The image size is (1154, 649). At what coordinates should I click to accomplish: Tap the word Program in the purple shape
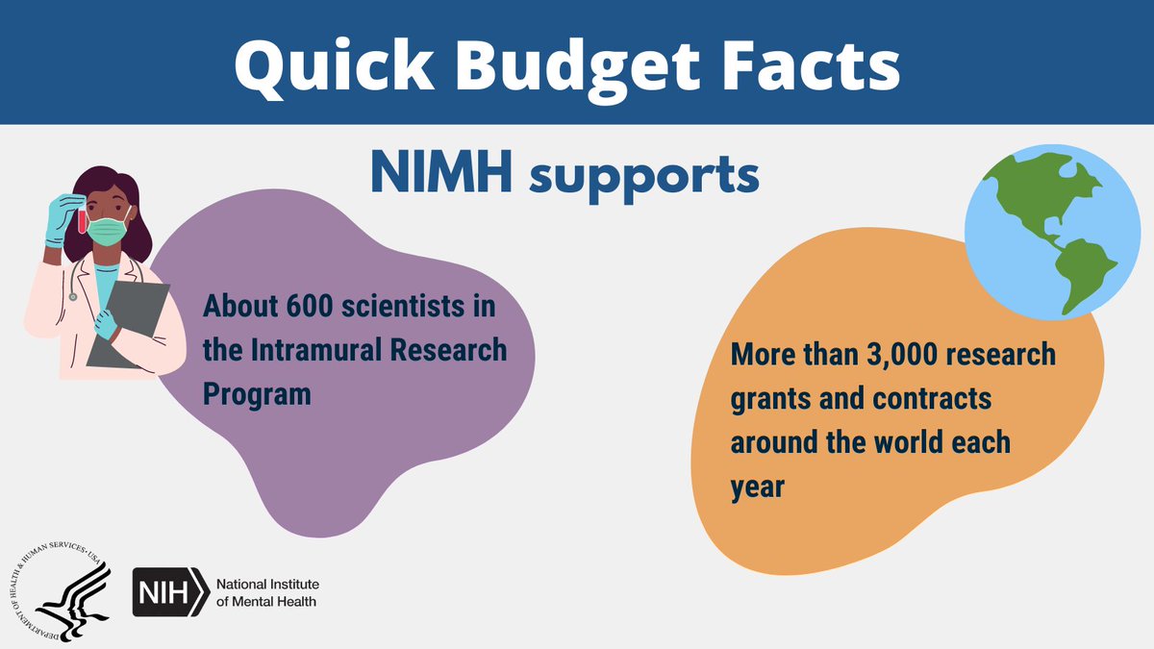click(x=257, y=394)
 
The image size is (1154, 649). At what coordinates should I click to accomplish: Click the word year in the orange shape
click(x=759, y=487)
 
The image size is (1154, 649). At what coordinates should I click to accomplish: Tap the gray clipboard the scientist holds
click(x=126, y=323)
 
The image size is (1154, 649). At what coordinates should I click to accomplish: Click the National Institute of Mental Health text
click(x=267, y=592)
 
